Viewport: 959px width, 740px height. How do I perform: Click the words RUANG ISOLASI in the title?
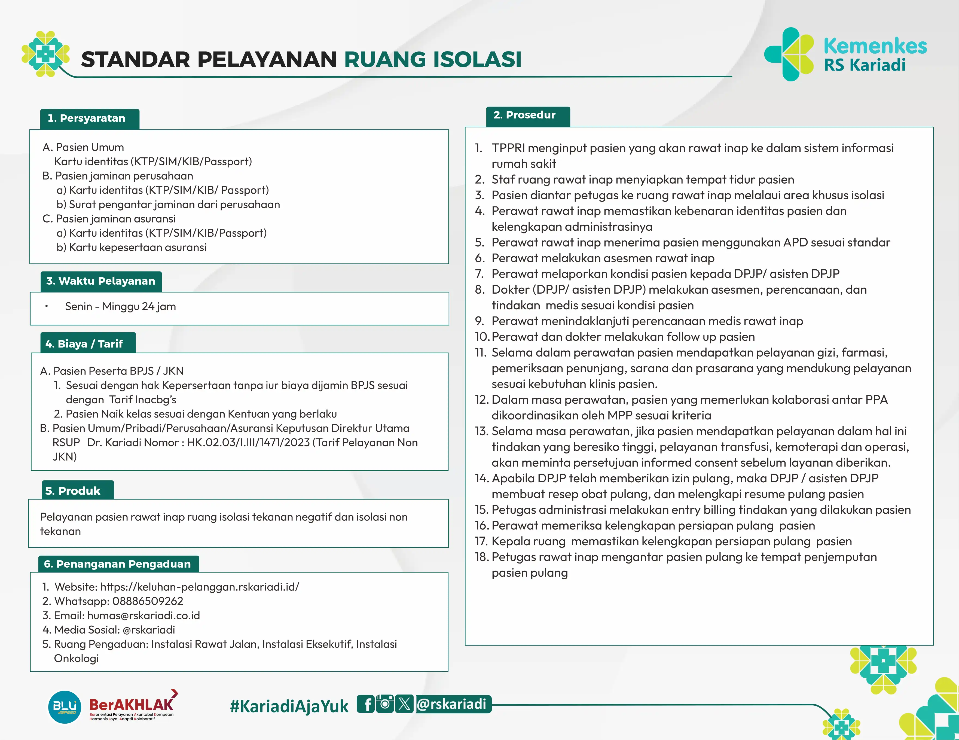point(432,60)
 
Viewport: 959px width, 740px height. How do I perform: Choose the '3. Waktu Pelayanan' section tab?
point(100,281)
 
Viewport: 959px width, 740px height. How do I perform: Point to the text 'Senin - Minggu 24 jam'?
point(120,306)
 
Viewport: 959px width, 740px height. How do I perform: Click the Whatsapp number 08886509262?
point(148,601)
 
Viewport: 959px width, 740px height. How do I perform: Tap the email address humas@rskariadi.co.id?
point(143,615)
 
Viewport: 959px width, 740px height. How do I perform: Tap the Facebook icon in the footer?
point(366,704)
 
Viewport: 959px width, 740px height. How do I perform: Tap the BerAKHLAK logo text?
point(131,704)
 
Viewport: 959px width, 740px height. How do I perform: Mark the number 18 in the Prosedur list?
point(482,557)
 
